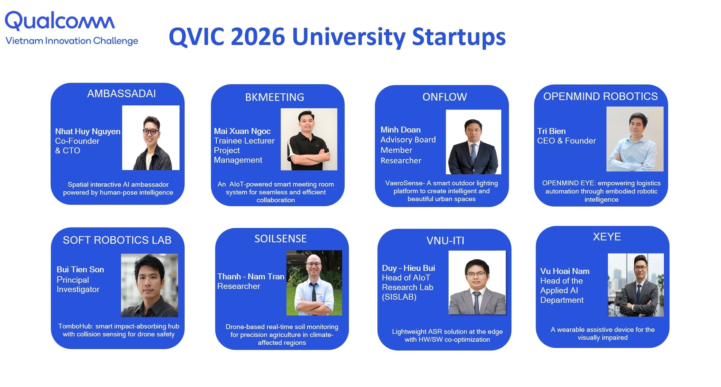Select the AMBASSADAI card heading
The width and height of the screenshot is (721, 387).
tap(121, 94)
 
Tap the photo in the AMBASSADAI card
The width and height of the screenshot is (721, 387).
tap(151, 138)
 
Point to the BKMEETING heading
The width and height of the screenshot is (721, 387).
tap(275, 97)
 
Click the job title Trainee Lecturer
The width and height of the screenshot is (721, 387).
tap(244, 141)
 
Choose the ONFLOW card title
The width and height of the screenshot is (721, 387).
tap(445, 97)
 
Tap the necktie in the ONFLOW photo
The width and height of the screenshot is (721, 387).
tap(474, 153)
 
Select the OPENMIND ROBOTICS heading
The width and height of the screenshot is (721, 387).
tap(600, 97)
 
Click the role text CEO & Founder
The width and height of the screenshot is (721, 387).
tap(566, 141)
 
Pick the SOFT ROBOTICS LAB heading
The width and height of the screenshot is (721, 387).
tap(117, 240)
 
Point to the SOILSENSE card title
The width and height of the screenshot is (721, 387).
tap(281, 239)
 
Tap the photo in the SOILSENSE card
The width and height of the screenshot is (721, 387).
tap(314, 283)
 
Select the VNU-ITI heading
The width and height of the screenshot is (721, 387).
tap(445, 241)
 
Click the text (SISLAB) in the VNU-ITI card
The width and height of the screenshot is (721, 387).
tap(399, 297)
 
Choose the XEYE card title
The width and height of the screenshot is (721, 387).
tap(607, 237)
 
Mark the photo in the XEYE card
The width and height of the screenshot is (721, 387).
tap(636, 285)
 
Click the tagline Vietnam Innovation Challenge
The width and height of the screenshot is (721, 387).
tap(72, 41)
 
